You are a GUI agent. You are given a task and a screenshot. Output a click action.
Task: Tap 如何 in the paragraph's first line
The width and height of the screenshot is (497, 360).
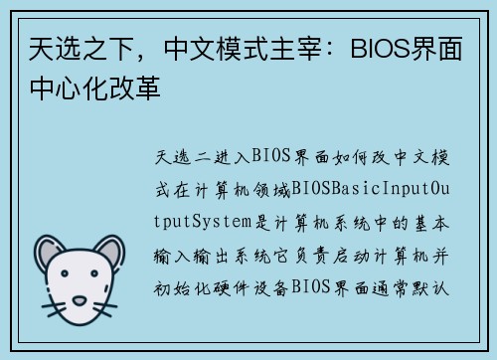[355, 156]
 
